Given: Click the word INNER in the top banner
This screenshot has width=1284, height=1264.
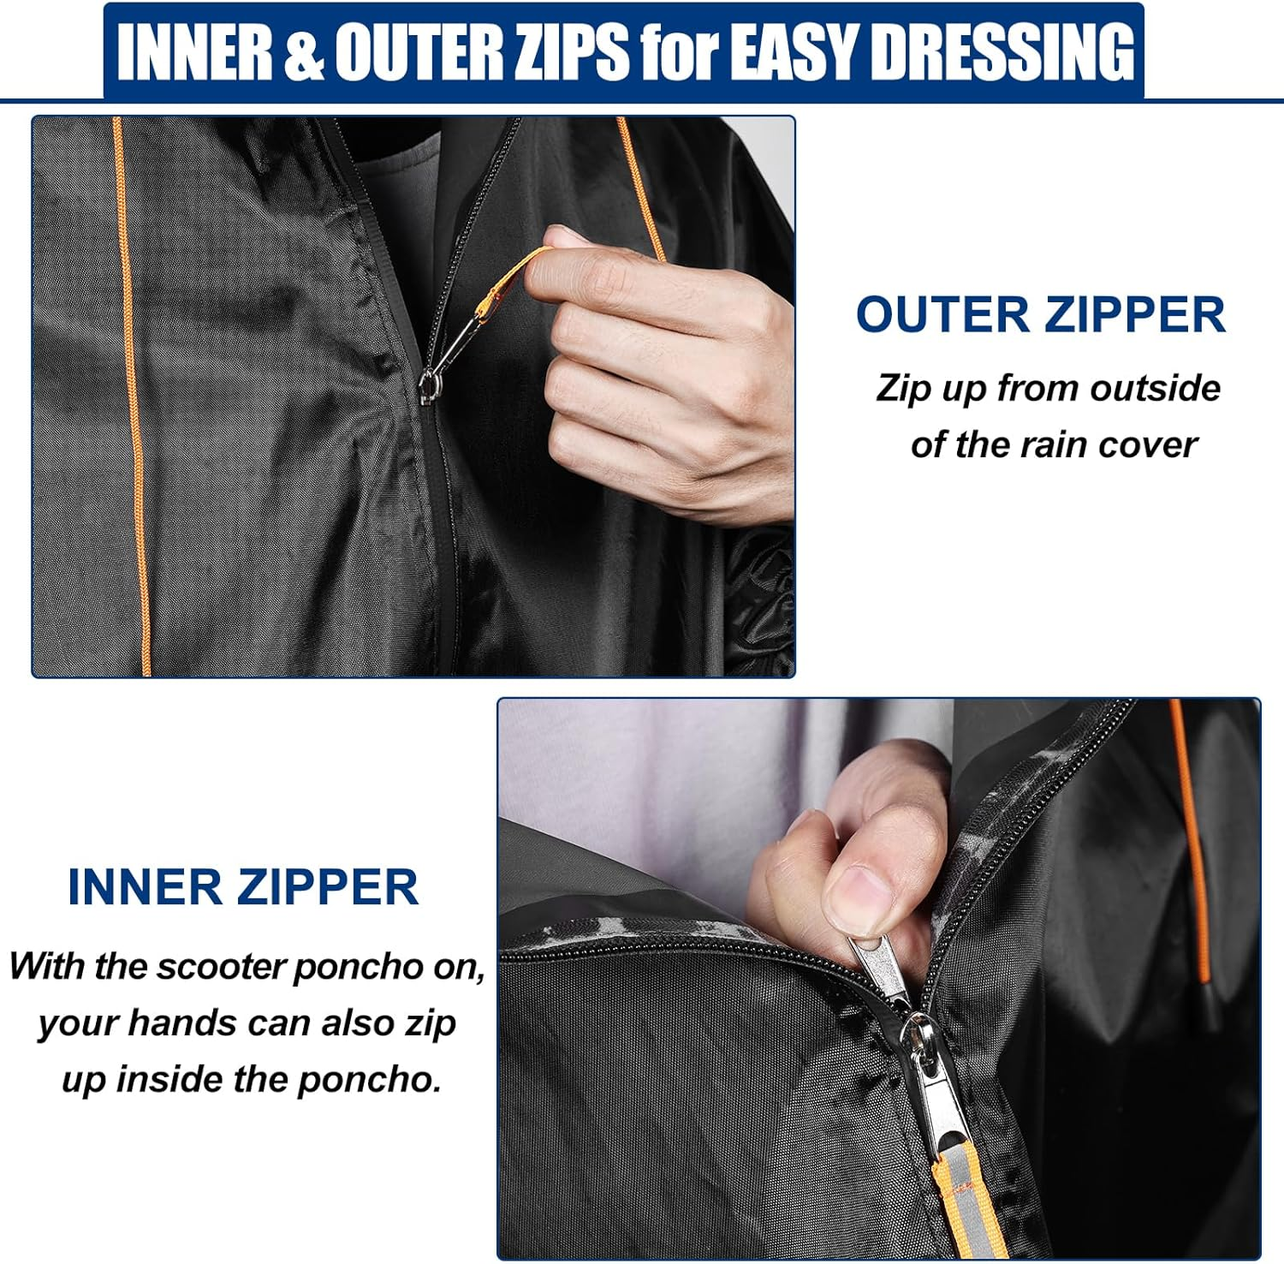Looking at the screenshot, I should (196, 51).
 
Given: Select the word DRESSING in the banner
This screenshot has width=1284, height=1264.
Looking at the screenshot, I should (1002, 51).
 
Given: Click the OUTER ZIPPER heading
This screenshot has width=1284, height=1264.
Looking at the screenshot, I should (1040, 314).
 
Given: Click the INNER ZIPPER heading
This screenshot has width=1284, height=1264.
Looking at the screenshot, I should (243, 886).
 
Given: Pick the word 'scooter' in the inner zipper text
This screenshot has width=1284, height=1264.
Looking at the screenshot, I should (221, 967).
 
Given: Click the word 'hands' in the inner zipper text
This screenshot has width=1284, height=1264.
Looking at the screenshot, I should (181, 1023).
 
